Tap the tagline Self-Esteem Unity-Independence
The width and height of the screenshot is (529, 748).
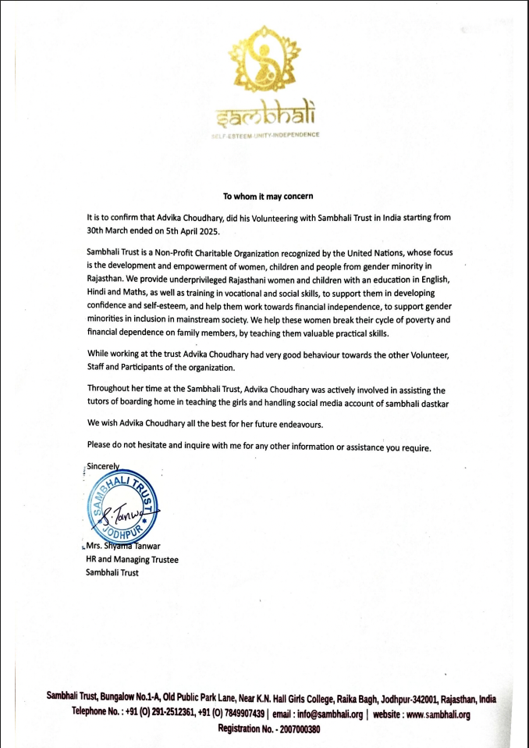[x=264, y=135]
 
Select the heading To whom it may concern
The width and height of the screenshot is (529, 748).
[x=268, y=196]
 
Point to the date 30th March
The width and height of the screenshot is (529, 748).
[x=112, y=230]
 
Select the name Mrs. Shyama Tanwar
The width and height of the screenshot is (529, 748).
[x=125, y=547]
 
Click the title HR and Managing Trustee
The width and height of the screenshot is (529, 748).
[x=132, y=560]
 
